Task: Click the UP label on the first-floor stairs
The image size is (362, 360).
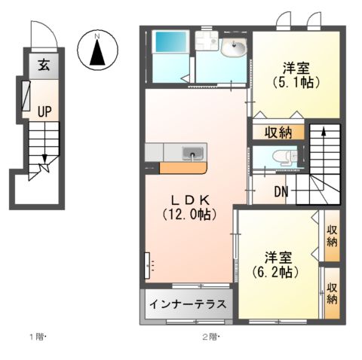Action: click(x=45, y=111)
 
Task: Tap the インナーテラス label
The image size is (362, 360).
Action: click(x=187, y=305)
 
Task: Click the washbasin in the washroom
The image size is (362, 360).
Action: click(x=234, y=50)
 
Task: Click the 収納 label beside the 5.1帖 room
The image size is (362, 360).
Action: click(x=278, y=133)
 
